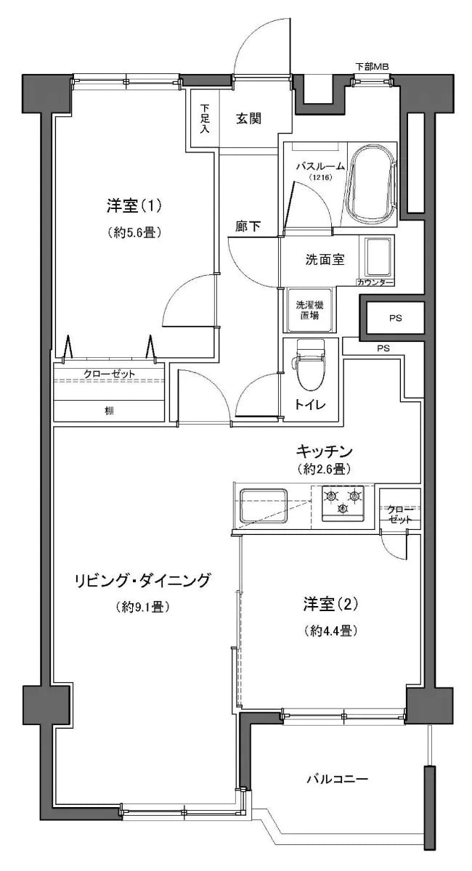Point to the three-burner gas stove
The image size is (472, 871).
coord(343,502)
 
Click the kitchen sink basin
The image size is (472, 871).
coord(264,504)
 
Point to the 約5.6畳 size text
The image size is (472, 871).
coord(134,232)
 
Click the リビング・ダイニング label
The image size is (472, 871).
coord(142,580)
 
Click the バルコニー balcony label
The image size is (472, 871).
coord(336,780)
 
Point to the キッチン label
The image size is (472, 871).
coord(324,451)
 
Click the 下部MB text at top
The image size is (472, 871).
coord(373,67)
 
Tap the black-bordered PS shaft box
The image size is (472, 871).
coord(394,318)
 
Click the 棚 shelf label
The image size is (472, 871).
coord(108,411)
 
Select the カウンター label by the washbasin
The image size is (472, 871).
coord(375,282)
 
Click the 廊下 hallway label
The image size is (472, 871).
coord(248,226)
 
